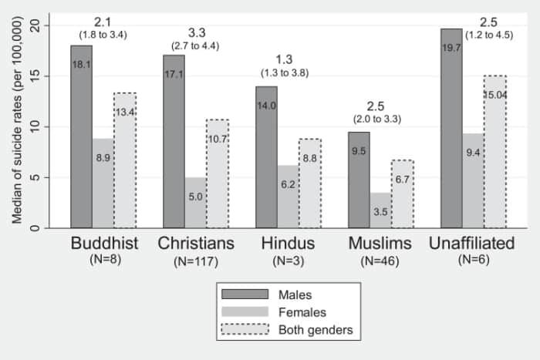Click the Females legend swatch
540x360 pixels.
click(245, 312)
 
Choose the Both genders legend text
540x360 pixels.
click(317, 330)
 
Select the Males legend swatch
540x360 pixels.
click(245, 294)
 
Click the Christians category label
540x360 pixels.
click(196, 244)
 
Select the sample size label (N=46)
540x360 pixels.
click(380, 261)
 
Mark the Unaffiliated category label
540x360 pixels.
click(471, 244)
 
